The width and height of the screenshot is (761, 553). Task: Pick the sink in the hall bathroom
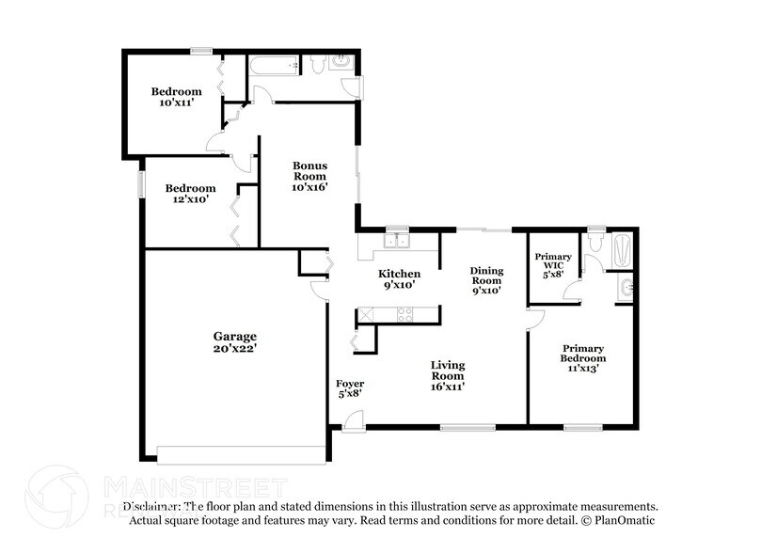[342, 63]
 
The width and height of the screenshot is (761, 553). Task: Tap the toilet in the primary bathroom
[593, 244]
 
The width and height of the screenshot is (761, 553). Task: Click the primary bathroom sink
[627, 287]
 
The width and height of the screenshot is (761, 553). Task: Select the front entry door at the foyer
[353, 423]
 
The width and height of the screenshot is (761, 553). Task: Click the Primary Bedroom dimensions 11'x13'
[583, 369]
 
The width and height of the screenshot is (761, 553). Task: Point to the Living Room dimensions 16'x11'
[448, 385]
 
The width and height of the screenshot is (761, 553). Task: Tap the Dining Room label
[486, 276]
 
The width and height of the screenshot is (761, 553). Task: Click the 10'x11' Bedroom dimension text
[176, 103]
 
